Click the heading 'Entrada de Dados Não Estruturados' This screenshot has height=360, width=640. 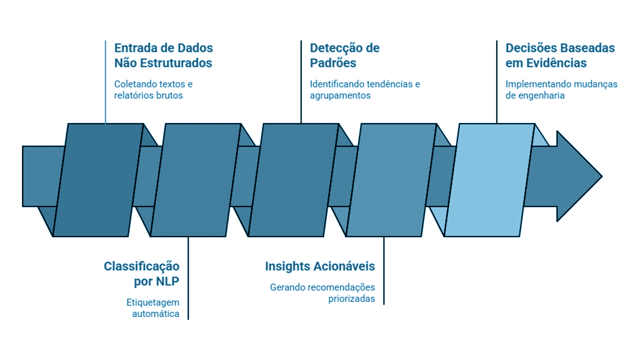coord(163,55)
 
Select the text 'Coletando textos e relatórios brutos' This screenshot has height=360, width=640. coord(153,90)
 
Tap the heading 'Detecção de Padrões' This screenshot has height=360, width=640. coord(345,55)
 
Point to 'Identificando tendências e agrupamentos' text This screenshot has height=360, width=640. coord(365,90)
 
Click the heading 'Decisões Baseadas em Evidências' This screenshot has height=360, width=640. coord(560,55)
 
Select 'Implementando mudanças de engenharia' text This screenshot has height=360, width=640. coord(561,90)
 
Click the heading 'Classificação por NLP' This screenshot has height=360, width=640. coord(142,274)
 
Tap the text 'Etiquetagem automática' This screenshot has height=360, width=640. coord(153,308)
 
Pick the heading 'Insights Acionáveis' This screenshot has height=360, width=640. coord(320,266)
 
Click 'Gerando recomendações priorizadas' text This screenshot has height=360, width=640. coord(322,293)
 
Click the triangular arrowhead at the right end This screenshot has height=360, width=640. coord(579,176)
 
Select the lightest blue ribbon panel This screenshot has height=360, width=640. coord(490,180)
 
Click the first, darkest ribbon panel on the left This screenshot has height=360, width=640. coord(98,180)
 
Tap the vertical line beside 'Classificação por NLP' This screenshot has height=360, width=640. coord(188,278)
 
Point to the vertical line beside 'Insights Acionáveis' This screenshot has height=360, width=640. coord(384,271)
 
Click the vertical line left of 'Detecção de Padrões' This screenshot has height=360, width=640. coord(301,82)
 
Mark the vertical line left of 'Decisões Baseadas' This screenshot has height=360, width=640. coord(497,82)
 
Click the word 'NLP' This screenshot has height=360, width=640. coord(168,281)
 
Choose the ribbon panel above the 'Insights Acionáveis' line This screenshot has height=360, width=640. coord(392,180)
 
